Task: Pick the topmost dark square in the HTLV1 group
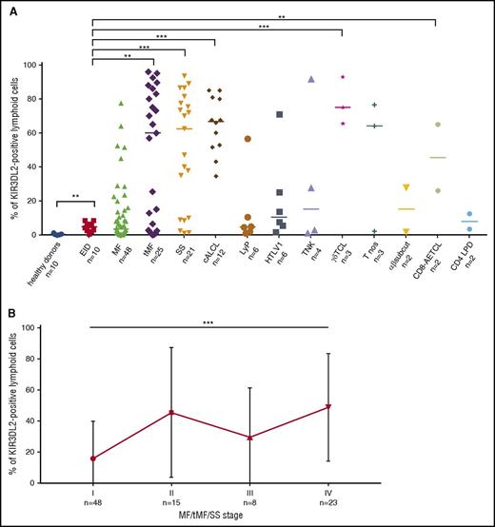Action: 279,115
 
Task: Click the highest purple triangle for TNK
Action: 310,79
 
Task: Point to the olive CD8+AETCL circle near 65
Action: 437,125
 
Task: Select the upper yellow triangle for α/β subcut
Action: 406,187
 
